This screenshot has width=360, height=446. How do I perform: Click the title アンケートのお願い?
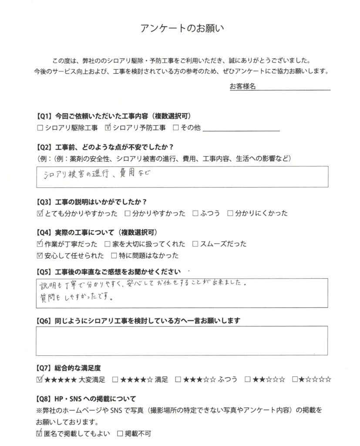click(x=182, y=29)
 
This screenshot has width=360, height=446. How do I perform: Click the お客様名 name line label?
click(x=242, y=86)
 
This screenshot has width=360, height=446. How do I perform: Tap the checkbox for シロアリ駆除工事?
click(x=40, y=128)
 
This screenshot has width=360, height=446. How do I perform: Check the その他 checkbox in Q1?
click(x=176, y=128)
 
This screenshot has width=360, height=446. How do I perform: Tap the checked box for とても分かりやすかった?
click(x=40, y=213)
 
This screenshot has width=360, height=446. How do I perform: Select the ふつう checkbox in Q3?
click(x=195, y=213)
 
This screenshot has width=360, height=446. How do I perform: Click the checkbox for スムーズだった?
click(x=195, y=244)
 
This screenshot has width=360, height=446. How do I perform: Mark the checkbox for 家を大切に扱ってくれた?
click(x=108, y=244)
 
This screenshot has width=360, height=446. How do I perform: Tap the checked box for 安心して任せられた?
click(x=40, y=255)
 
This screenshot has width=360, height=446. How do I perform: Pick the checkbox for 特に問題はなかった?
click(x=114, y=255)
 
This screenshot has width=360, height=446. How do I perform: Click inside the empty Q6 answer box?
click(x=182, y=341)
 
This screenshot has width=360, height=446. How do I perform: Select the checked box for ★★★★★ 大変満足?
click(x=40, y=379)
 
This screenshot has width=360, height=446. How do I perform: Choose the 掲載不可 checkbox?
click(x=120, y=434)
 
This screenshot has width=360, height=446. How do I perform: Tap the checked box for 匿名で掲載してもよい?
click(x=40, y=434)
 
